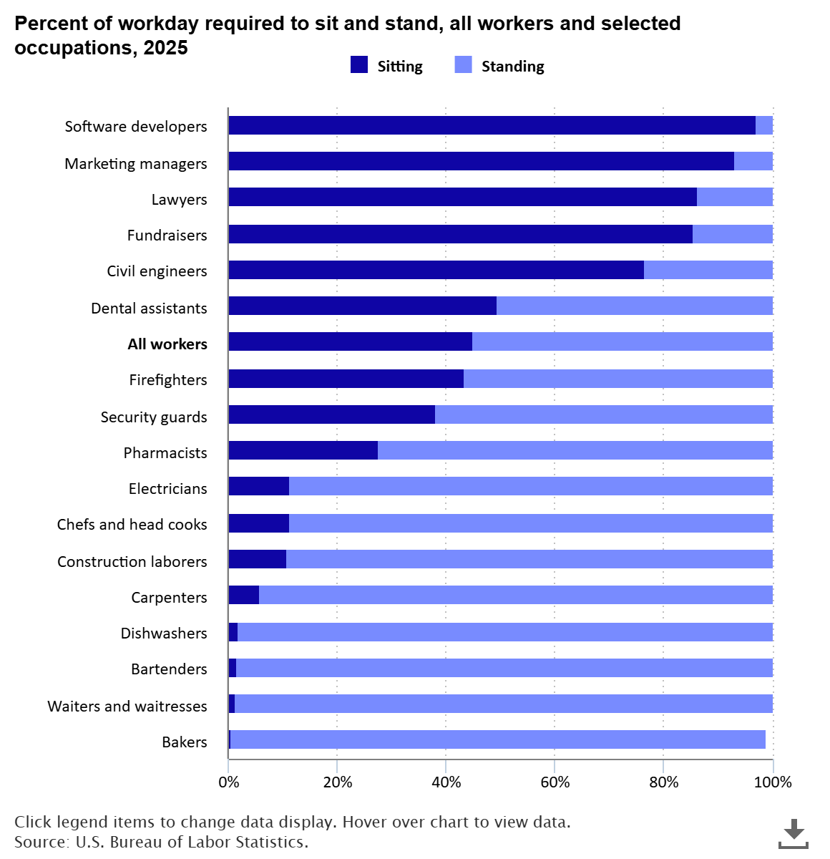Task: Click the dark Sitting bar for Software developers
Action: (492, 125)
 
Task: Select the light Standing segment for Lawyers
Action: (734, 198)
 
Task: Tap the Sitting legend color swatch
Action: (358, 65)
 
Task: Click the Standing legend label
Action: (512, 67)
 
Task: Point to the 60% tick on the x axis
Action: (555, 782)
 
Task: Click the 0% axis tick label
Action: (228, 782)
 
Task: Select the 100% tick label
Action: (773, 782)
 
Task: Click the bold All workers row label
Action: (167, 344)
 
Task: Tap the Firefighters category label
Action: (168, 380)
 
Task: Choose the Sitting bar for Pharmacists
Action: (303, 450)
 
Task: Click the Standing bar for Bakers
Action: (497, 739)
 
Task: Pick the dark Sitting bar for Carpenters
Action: (243, 595)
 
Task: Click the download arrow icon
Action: (793, 833)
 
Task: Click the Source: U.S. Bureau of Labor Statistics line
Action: (161, 842)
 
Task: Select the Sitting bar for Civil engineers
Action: (436, 270)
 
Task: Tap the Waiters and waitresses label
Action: (127, 707)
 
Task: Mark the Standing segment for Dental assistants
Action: (634, 306)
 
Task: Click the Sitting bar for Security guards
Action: (331, 414)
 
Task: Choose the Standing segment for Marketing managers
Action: (753, 161)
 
